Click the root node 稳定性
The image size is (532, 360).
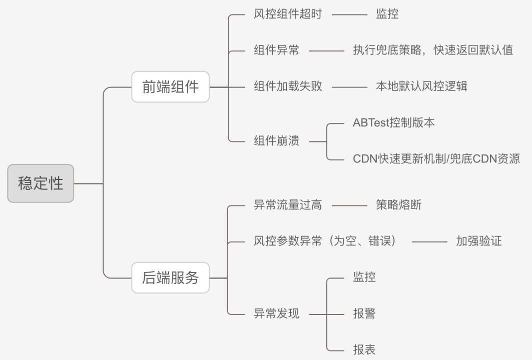[x=41, y=183]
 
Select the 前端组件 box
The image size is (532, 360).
[x=170, y=87]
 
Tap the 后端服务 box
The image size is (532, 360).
[x=170, y=277]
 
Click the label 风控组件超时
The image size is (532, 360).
[x=288, y=14]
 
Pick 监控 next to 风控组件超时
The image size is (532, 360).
[x=387, y=14]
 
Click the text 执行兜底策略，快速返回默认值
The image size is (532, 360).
[x=432, y=50]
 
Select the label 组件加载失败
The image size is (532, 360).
[x=288, y=86]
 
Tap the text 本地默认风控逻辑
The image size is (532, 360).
[x=421, y=86]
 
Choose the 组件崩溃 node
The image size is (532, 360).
[x=276, y=141]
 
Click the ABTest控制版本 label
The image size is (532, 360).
[x=393, y=122]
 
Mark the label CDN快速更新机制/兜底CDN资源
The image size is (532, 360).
[x=436, y=159]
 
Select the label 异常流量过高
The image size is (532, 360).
[x=288, y=205]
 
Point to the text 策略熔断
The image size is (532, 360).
[x=398, y=205]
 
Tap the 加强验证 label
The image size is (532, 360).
[x=478, y=241]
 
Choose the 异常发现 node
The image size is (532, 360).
[x=276, y=314]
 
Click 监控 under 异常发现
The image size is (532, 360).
[x=364, y=277]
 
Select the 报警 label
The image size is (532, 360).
[x=364, y=314]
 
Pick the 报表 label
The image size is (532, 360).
[x=364, y=350]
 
